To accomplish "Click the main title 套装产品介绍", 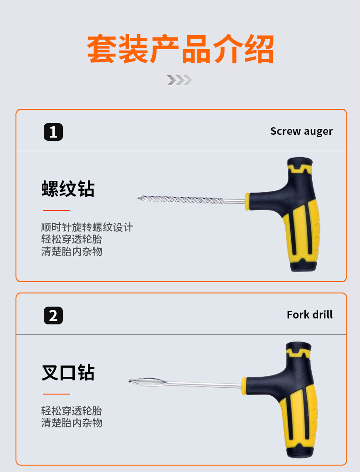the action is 180,49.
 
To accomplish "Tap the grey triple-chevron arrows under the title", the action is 180,80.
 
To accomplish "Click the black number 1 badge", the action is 53,132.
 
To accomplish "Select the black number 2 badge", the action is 53,315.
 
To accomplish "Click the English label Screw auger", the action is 301,131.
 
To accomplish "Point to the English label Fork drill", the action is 309,314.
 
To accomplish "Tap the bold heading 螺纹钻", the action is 68,189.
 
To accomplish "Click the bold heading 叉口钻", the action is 68,372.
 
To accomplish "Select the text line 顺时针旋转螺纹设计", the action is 87,227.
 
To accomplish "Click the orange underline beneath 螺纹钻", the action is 57,210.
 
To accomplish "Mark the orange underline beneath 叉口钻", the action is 57,394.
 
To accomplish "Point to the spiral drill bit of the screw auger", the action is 180,199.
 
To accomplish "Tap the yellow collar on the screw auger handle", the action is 247,201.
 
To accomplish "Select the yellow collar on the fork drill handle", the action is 244,385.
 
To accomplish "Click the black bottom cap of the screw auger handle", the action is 303,265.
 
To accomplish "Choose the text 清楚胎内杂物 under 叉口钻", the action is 72,423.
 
